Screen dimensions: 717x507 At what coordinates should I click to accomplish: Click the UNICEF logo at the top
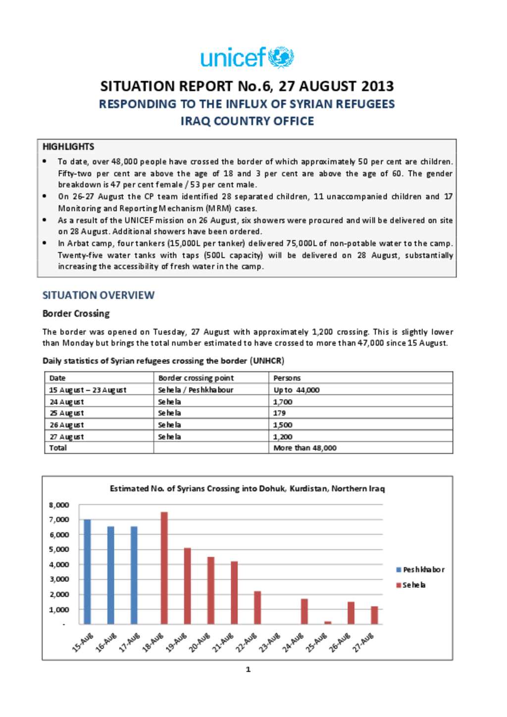[247, 57]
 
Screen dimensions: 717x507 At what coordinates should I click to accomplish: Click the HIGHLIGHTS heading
[68, 146]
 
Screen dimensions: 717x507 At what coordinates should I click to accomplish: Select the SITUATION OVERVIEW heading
[98, 295]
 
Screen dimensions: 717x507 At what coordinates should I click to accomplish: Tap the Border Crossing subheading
[76, 314]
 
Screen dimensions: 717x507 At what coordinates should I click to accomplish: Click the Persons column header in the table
[287, 378]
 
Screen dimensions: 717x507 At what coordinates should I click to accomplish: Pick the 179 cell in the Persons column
[279, 413]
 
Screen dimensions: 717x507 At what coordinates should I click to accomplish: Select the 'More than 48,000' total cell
[304, 448]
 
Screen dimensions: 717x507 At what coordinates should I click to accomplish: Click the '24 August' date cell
[66, 402]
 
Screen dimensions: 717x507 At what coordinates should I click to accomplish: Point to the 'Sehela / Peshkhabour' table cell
[195, 390]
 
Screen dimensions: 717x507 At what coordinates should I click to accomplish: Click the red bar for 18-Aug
[164, 568]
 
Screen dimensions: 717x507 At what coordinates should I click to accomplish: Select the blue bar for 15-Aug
[87, 572]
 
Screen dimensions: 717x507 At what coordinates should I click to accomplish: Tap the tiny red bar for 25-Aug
[328, 622]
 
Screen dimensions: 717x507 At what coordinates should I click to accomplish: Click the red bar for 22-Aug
[257, 608]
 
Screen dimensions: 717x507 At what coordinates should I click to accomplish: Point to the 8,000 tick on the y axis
[59, 505]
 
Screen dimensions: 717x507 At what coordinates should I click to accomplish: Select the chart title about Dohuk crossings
[247, 489]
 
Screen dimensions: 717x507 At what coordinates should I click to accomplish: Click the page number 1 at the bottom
[248, 669]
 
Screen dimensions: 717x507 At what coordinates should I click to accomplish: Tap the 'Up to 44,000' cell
[296, 390]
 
